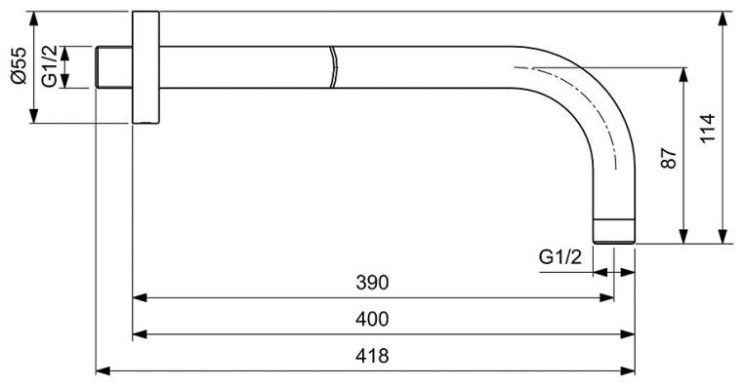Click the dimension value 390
[372, 283]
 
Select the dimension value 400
[372, 319]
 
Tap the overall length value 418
[372, 355]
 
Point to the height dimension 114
[708, 128]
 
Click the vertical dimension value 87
[669, 158]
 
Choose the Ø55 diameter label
[19, 66]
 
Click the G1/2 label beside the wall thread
[50, 66]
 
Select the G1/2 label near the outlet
[559, 257]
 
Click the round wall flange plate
[145, 67]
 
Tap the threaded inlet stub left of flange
[114, 67]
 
